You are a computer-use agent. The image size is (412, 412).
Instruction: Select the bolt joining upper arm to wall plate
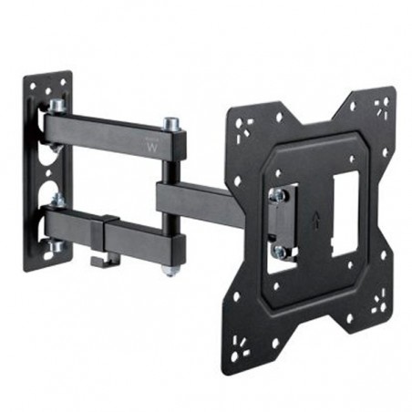coord(57,107)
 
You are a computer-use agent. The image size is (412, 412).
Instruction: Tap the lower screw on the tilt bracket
coord(279,250)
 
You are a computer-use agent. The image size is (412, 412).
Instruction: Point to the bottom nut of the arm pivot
coord(170,270)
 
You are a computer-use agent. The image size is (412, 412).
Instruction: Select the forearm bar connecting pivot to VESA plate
coord(196,195)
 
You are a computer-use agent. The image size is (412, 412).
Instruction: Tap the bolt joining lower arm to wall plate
coord(57,199)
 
